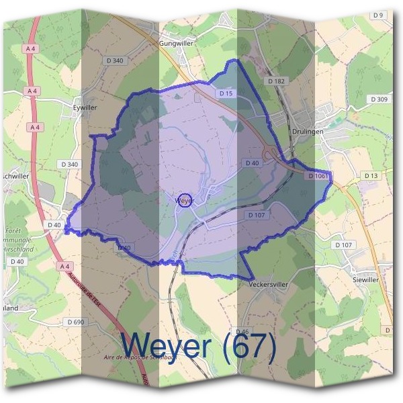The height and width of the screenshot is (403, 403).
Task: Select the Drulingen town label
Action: [x=308, y=132]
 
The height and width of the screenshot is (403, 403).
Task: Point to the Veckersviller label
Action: [x=267, y=284]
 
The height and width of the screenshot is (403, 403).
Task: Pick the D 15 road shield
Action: [x=226, y=93]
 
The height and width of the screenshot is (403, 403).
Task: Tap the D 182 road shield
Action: [x=276, y=81]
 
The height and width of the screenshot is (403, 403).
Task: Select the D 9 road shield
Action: [x=377, y=15]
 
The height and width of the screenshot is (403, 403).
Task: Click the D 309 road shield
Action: [x=379, y=99]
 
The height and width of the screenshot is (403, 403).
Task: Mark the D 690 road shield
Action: [x=75, y=322]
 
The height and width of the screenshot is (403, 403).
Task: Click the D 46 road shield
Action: [x=242, y=332]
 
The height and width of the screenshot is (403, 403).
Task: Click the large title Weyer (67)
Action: [x=198, y=346]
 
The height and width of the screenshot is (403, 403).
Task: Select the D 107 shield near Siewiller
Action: [x=343, y=245]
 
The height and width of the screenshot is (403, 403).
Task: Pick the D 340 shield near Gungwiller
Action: [x=115, y=61]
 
